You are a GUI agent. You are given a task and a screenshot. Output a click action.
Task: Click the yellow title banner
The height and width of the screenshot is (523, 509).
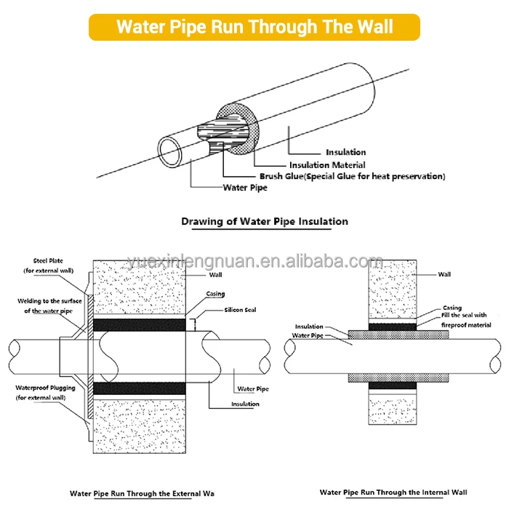254,27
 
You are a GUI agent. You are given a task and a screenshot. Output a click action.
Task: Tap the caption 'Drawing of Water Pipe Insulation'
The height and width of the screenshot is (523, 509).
265,221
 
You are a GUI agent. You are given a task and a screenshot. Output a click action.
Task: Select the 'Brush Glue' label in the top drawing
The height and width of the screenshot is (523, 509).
352,176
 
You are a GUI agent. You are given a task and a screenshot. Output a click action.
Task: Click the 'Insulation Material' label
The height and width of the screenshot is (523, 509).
327,165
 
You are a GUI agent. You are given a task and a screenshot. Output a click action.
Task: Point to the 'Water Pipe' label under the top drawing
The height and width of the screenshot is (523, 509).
245,188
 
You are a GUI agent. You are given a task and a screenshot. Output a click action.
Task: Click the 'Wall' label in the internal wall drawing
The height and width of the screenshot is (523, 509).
444,274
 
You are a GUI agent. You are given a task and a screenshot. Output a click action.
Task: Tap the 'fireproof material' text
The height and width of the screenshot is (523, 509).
466,324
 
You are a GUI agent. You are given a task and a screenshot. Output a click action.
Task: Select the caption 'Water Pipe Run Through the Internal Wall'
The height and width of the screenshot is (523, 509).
393,492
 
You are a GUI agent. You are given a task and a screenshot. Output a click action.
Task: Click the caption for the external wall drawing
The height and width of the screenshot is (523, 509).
142,493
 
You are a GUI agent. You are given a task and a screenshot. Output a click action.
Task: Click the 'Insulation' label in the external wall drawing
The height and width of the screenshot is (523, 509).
245,404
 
